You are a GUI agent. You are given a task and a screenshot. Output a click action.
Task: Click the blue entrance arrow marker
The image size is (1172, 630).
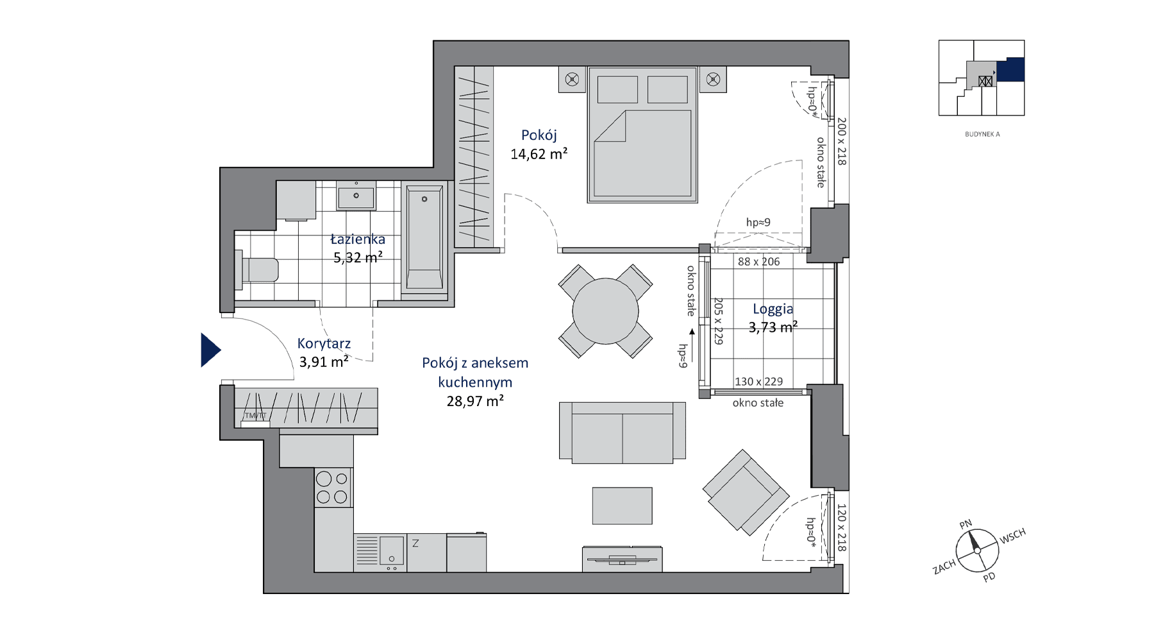(210, 350)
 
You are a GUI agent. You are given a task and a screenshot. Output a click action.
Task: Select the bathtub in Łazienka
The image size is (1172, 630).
(424, 239)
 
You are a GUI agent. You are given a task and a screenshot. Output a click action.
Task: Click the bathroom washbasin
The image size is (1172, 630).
(356, 196)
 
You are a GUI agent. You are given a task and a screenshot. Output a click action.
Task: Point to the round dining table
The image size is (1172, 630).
(605, 311)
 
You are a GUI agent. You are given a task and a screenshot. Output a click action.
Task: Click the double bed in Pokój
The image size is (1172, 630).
(642, 135)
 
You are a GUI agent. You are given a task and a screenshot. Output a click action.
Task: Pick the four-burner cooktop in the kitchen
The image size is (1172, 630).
(333, 488)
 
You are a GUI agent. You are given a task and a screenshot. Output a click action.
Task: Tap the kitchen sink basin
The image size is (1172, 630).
(391, 550)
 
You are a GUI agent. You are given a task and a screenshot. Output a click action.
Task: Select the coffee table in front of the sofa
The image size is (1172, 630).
(622, 506)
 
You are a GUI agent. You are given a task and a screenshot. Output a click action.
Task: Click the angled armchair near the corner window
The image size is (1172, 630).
(746, 493)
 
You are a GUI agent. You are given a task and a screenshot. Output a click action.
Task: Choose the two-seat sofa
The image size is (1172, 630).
(622, 432)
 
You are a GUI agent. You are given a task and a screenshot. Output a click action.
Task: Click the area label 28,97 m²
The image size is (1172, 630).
(475, 402)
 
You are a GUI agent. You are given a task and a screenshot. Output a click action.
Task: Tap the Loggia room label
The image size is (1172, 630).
(773, 309)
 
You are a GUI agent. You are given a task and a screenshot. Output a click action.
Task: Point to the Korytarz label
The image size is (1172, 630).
(324, 344)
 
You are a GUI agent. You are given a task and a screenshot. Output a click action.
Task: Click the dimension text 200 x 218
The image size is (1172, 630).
(842, 141)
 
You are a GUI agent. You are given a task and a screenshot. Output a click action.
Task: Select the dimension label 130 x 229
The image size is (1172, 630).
(758, 382)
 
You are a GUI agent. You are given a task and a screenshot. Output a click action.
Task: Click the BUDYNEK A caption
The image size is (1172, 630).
(982, 135)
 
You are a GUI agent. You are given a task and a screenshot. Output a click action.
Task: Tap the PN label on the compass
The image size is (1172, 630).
(966, 525)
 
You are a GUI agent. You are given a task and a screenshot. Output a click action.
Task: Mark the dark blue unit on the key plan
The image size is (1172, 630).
(1011, 69)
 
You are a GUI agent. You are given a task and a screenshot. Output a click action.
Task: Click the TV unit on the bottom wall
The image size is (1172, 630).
(622, 559)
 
